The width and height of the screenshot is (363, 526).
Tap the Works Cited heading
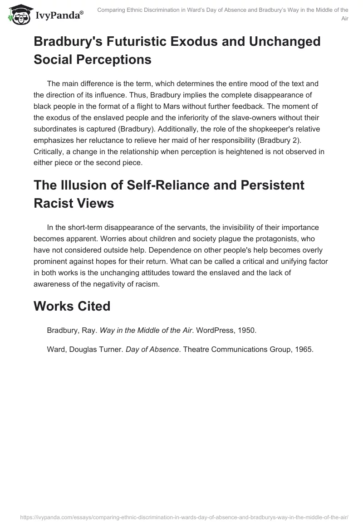tap(72, 306)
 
